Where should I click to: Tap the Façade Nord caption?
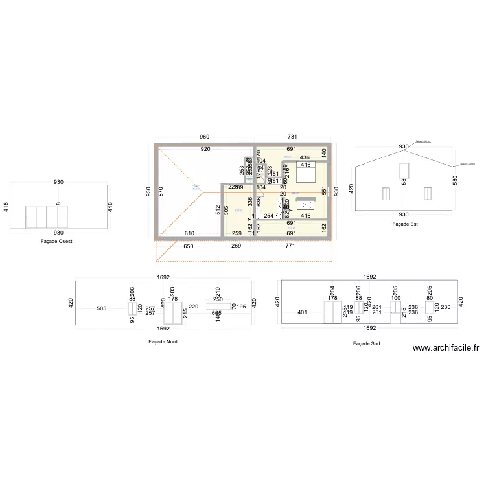click(x=163, y=341)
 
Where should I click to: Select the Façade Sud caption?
click(x=366, y=344)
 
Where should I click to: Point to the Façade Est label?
click(x=405, y=224)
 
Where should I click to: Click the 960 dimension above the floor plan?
click(x=204, y=137)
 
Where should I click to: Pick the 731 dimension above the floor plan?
click(x=292, y=137)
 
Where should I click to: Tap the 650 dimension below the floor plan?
click(x=188, y=246)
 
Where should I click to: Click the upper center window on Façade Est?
click(x=404, y=170)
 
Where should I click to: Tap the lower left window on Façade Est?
click(x=386, y=194)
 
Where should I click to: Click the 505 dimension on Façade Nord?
click(x=102, y=308)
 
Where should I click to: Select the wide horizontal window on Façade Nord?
click(x=218, y=307)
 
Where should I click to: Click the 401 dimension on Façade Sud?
click(x=302, y=312)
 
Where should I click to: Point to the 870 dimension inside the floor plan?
click(x=161, y=192)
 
